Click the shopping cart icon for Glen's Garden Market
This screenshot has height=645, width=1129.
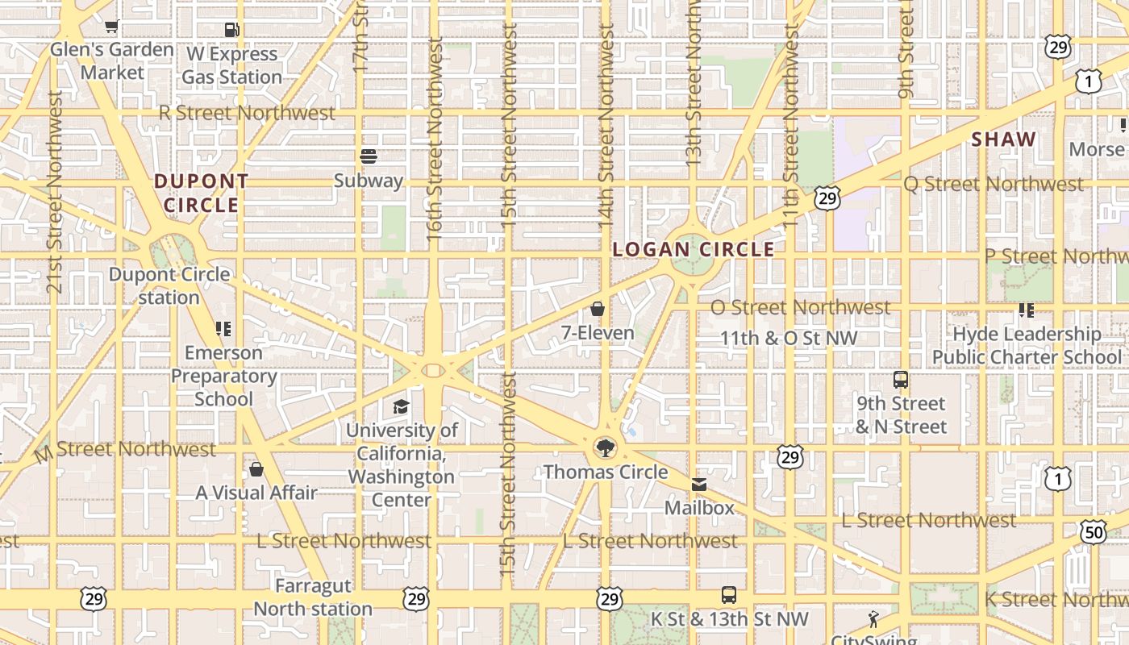(x=111, y=27)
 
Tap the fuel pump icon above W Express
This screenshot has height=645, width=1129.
(x=232, y=31)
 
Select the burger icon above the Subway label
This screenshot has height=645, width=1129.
(x=369, y=156)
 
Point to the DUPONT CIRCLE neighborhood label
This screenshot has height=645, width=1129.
(x=202, y=193)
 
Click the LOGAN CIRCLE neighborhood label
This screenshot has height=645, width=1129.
(x=694, y=250)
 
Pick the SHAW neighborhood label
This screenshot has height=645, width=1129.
(x=1003, y=139)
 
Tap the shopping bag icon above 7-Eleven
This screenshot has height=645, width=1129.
(x=598, y=309)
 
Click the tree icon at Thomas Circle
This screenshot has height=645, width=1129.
(x=604, y=447)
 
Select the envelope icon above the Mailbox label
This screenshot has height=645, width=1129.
(x=699, y=485)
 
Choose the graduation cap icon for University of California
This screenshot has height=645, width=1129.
(x=401, y=406)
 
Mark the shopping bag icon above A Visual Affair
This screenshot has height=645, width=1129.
(x=256, y=468)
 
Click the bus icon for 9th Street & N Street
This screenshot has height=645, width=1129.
(x=901, y=379)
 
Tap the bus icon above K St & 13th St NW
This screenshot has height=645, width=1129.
(x=729, y=595)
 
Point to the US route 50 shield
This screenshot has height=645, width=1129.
(x=1094, y=532)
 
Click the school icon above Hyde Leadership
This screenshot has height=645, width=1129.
(x=1027, y=310)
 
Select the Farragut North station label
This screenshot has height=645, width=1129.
(x=313, y=597)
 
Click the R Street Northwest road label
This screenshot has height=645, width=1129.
(x=247, y=113)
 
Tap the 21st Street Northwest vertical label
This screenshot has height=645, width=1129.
(x=54, y=192)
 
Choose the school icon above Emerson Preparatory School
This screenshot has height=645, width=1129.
(x=223, y=329)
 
